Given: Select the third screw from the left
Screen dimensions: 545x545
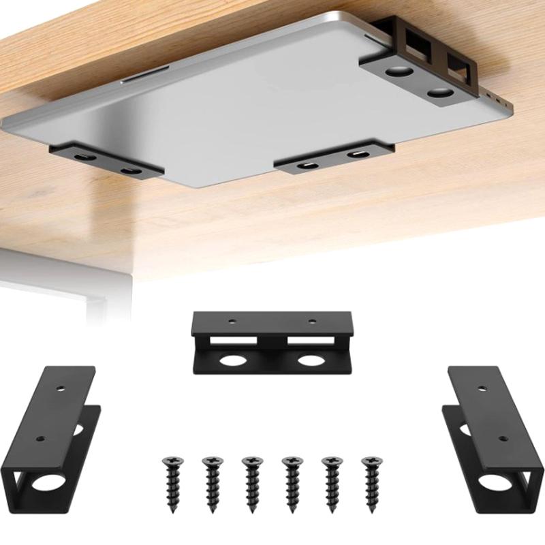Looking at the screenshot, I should pos(251,482).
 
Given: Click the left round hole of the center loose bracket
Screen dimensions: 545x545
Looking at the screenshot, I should pos(232,359).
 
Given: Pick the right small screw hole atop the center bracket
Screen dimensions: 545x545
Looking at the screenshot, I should pos(312,320).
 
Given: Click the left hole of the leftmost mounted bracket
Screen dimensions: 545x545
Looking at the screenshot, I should pos(83,157).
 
